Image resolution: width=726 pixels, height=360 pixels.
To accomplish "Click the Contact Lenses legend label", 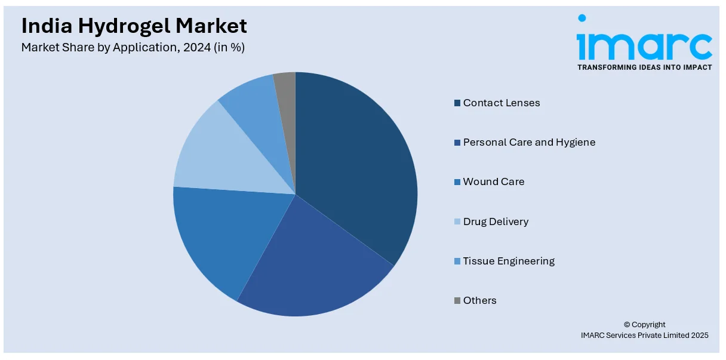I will [x=502, y=103].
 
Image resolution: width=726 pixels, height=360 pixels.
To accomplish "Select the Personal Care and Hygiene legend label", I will [x=529, y=142].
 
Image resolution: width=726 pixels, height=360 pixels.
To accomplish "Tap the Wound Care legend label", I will [x=494, y=181].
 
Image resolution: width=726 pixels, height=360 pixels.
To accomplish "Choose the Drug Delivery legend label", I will [x=496, y=221].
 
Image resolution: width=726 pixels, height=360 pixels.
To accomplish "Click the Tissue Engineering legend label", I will [x=509, y=261].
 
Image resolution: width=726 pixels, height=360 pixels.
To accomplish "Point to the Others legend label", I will [x=479, y=300].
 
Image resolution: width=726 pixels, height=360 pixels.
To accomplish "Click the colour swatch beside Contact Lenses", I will [x=457, y=103].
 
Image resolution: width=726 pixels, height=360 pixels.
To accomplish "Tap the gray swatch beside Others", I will [x=457, y=301].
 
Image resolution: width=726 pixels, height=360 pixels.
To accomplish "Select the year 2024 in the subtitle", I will [x=195, y=48].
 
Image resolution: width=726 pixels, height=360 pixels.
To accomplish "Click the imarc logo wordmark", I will [x=645, y=45].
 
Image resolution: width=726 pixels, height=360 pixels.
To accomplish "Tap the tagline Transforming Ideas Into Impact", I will [x=645, y=67].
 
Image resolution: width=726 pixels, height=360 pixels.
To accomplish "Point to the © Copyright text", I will [x=645, y=325].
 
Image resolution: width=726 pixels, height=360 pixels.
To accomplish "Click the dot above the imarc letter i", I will [x=582, y=19].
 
